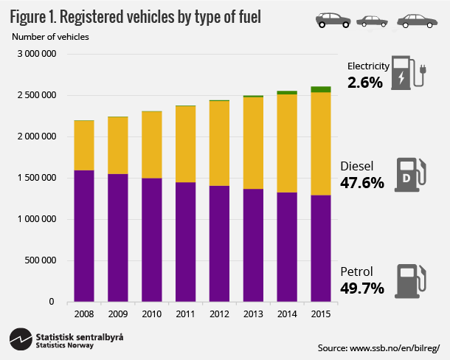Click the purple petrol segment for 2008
(x=83, y=236)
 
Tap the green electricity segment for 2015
(x=321, y=89)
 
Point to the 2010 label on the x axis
(x=151, y=314)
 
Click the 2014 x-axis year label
(x=287, y=314)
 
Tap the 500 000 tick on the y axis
(x=41, y=260)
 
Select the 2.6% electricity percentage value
(x=365, y=83)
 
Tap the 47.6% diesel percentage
(x=363, y=182)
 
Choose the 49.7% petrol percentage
(x=363, y=288)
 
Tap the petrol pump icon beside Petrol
(x=408, y=280)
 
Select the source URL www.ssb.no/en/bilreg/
(x=379, y=347)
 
